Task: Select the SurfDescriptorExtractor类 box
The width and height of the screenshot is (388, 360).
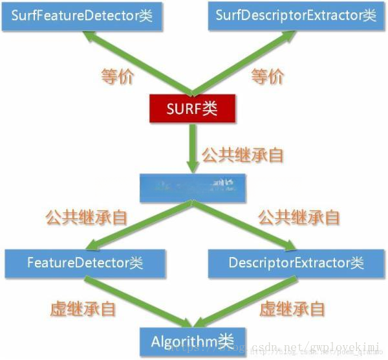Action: click(296, 15)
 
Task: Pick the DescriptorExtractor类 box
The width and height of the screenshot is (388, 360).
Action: click(297, 263)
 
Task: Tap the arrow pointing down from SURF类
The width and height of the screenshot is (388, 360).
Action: click(191, 148)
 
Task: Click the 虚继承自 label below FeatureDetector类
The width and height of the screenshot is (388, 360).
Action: click(83, 309)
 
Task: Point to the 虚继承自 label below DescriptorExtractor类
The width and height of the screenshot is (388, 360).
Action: click(292, 309)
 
